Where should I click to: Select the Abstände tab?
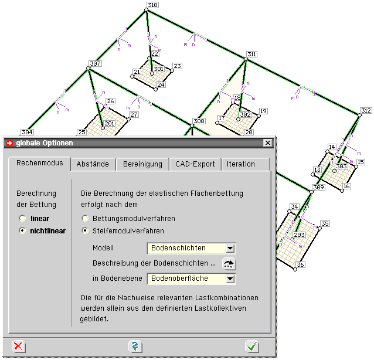tap(93, 164)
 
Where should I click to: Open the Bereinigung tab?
tap(142, 164)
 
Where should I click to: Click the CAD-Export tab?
tap(195, 164)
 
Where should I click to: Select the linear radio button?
tap(22, 218)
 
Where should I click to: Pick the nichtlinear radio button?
tap(22, 230)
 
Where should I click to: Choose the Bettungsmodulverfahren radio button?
tap(85, 218)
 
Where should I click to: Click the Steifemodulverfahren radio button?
tap(85, 230)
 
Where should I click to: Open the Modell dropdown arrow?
tap(230, 249)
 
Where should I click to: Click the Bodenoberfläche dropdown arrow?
tap(230, 279)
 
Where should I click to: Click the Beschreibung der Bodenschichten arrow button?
tap(229, 264)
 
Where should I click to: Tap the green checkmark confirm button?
tap(252, 347)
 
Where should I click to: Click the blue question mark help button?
tap(135, 347)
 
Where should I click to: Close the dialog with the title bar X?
tap(268, 143)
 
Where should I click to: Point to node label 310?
tap(152, 5)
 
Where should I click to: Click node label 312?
tap(366, 111)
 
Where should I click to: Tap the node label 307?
tap(95, 64)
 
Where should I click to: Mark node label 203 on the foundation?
tap(299, 235)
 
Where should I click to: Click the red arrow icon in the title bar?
tap(9, 143)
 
